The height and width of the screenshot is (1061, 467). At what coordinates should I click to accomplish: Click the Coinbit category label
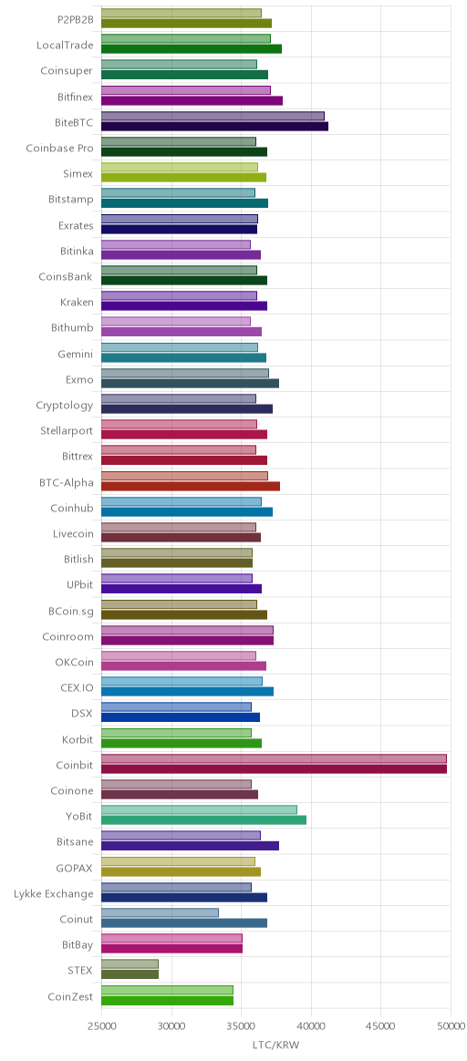pyautogui.click(x=74, y=765)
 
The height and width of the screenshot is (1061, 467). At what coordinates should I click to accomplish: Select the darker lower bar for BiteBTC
pyautogui.click(x=214, y=126)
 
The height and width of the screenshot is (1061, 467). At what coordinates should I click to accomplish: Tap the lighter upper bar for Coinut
pyautogui.click(x=160, y=912)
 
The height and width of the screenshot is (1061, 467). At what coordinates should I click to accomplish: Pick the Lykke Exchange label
pyautogui.click(x=54, y=894)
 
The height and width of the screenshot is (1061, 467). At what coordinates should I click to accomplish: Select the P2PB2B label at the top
pyautogui.click(x=75, y=20)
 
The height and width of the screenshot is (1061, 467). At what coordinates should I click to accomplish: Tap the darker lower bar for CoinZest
pyautogui.click(x=167, y=1000)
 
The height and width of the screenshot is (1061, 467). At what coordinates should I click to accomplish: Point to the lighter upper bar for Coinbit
pyautogui.click(x=275, y=758)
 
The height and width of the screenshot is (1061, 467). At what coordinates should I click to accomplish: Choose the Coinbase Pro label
pyautogui.click(x=59, y=149)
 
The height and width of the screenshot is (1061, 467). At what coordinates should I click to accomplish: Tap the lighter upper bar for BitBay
pyautogui.click(x=171, y=939)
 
